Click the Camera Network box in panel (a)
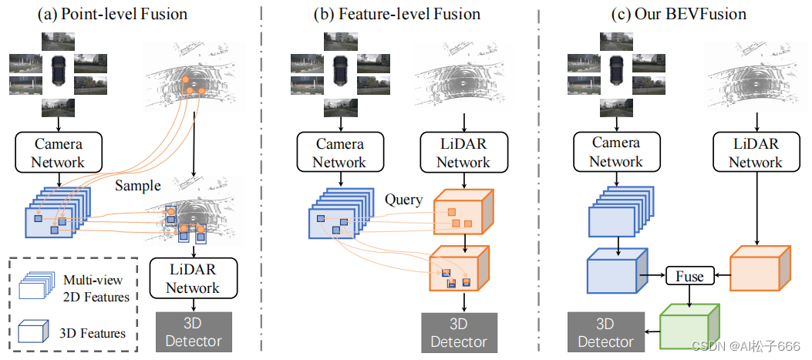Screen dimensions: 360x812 (x=58, y=152)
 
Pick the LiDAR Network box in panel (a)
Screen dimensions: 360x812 (x=193, y=278)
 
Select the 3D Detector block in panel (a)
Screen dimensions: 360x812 (x=193, y=332)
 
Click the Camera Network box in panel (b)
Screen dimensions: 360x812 (x=339, y=152)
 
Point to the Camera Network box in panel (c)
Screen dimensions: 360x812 (x=616, y=152)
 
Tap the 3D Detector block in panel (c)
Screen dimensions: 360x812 (x=605, y=332)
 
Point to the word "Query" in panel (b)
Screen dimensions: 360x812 (x=404, y=200)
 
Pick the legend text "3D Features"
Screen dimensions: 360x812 (x=93, y=333)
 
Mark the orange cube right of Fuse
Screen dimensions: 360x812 (x=759, y=270)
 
